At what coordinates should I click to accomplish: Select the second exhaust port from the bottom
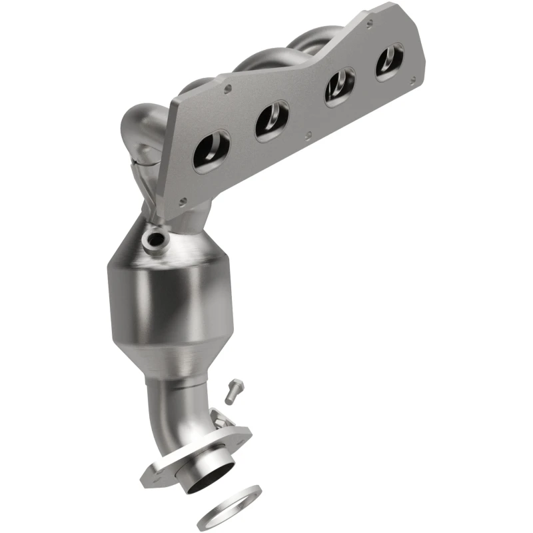(271, 121)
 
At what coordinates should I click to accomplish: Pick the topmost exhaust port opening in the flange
(389, 61)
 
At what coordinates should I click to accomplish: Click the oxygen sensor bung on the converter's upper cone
(157, 239)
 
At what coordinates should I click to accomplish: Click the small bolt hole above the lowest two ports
(228, 87)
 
